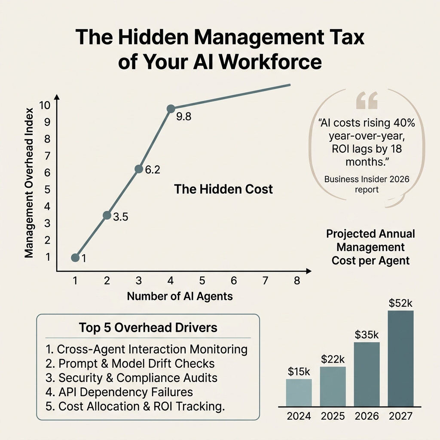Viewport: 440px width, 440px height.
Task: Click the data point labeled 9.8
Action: pos(171,109)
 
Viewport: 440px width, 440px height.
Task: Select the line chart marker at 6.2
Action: pos(139,169)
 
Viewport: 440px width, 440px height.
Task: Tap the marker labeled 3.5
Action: pos(107,215)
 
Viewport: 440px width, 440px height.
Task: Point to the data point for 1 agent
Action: pos(75,257)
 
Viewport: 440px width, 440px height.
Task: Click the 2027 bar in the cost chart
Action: pos(400,358)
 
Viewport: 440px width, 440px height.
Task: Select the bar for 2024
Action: pos(299,392)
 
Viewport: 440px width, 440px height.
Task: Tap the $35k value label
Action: pos(367,334)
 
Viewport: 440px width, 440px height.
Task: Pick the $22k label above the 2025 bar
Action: pos(333,359)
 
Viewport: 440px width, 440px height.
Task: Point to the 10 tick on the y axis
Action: pos(46,105)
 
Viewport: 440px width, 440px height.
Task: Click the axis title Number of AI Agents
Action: pos(180,296)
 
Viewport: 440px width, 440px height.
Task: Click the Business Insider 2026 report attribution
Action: pos(367,184)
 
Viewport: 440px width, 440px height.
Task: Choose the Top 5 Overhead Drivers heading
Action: pos(148,328)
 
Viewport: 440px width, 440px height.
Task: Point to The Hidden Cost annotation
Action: pos(223,189)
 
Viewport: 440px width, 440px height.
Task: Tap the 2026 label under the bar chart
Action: pos(367,416)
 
